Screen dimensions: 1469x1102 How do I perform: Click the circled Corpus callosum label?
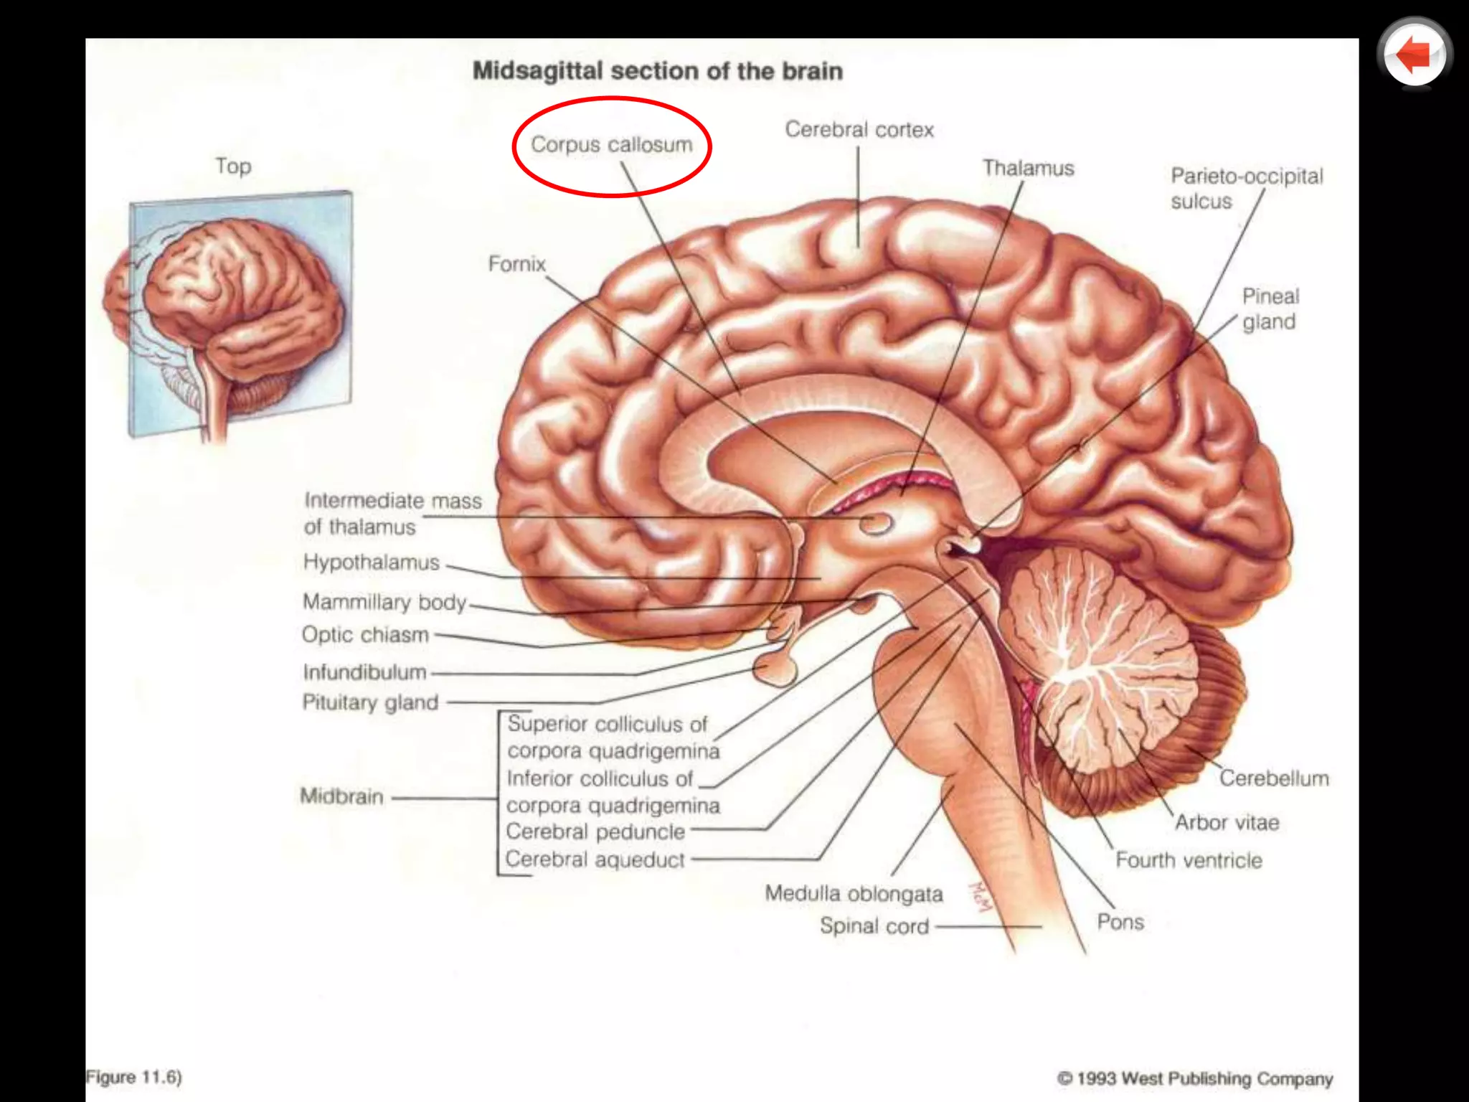[x=611, y=145]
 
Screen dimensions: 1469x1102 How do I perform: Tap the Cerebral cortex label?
[x=859, y=130]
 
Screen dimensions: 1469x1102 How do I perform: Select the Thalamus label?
[x=1028, y=169]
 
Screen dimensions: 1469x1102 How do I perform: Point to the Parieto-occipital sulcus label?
[x=1246, y=188]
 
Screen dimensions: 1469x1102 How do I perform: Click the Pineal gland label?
[x=1270, y=309]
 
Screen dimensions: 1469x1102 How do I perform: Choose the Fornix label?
[x=516, y=264]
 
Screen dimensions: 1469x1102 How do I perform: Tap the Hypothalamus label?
[x=371, y=562]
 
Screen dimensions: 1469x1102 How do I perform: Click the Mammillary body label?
[x=384, y=601]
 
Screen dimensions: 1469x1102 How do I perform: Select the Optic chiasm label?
[x=365, y=634]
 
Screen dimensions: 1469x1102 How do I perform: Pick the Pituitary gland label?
[x=370, y=702]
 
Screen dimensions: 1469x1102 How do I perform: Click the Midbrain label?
[x=341, y=796]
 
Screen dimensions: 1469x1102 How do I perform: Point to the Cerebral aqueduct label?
[x=595, y=859]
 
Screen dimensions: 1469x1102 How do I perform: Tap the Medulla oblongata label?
[x=854, y=893]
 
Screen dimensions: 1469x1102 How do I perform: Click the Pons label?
[x=1120, y=922]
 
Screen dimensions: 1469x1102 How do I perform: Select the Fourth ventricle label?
[x=1189, y=860]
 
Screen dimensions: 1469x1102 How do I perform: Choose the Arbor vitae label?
[x=1227, y=822]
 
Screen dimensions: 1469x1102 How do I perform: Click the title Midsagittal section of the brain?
[x=657, y=71]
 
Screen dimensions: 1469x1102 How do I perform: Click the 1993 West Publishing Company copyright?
[x=1195, y=1078]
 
